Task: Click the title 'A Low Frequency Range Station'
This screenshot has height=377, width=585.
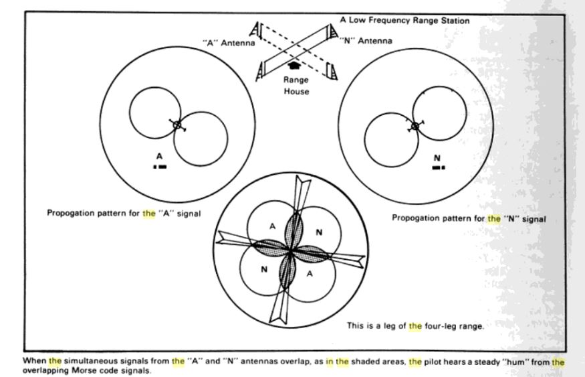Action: pyautogui.click(x=404, y=21)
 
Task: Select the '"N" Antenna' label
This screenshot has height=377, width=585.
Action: pyautogui.click(x=366, y=41)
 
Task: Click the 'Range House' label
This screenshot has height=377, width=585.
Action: pyautogui.click(x=296, y=85)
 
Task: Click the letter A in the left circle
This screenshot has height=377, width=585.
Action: pyautogui.click(x=159, y=156)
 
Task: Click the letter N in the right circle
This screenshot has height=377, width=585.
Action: pyautogui.click(x=437, y=158)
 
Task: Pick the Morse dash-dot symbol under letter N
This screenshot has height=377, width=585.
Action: pyautogui.click(x=438, y=167)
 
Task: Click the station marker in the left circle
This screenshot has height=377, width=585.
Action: pyautogui.click(x=177, y=125)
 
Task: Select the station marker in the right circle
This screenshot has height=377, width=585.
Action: pyautogui.click(x=415, y=126)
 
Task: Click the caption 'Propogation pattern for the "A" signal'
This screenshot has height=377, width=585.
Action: pyautogui.click(x=124, y=214)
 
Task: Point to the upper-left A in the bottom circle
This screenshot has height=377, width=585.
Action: pyautogui.click(x=271, y=226)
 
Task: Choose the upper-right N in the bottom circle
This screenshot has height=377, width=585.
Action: pyautogui.click(x=318, y=232)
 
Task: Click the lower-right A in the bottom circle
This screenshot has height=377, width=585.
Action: pyautogui.click(x=310, y=275)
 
